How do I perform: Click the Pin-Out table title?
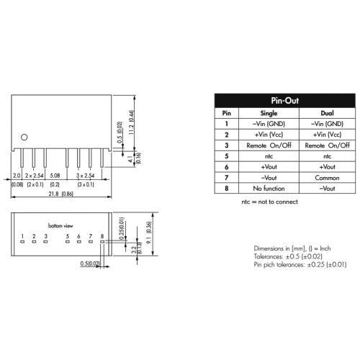[x=285, y=101]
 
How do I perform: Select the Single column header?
[x=269, y=113]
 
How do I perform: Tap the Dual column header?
[x=327, y=113]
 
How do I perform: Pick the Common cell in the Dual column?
[x=327, y=178]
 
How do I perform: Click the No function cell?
[x=269, y=189]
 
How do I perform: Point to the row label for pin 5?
[x=227, y=156]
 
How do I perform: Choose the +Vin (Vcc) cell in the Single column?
[x=269, y=135]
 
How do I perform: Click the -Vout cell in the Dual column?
[x=327, y=189]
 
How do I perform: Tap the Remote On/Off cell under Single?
[x=269, y=145]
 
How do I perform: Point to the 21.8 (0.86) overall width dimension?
[x=60, y=194]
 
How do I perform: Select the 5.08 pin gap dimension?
[x=55, y=176]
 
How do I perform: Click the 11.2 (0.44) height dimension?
[x=131, y=122]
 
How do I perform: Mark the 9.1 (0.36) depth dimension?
[x=149, y=233]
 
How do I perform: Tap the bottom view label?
[x=60, y=225]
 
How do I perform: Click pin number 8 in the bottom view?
[x=102, y=236]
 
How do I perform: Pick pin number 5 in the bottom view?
[x=68, y=236]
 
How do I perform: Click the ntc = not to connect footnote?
[x=269, y=202]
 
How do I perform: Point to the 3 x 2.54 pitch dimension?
[x=85, y=176]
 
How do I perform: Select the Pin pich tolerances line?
[x=300, y=265]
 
